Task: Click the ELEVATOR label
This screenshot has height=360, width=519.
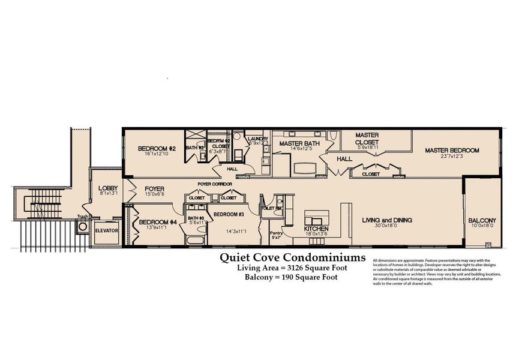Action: (107, 230)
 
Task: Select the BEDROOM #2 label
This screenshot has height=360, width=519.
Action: (156, 148)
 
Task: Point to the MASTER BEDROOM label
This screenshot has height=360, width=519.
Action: (452, 150)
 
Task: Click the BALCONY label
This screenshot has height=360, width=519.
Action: (482, 220)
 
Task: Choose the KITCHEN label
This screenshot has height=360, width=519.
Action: (316, 229)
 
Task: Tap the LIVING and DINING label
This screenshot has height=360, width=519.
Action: (387, 220)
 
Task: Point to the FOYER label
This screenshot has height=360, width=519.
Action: (154, 188)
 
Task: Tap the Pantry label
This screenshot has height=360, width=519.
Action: (276, 233)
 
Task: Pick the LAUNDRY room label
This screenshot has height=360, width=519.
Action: (259, 138)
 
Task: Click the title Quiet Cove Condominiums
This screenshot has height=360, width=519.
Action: (292, 257)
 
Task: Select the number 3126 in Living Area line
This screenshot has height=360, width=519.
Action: (293, 268)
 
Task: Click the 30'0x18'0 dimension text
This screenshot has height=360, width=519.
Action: (387, 226)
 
